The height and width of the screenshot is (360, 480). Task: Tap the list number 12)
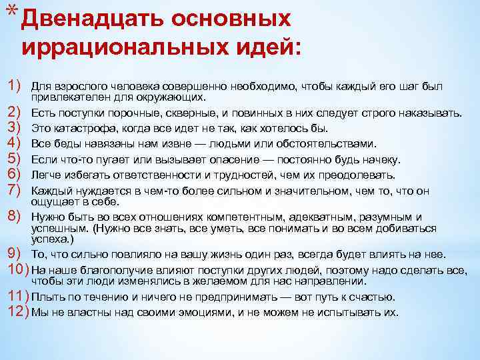pos(17,311)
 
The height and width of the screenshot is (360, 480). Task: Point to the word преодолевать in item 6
pos(363,175)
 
